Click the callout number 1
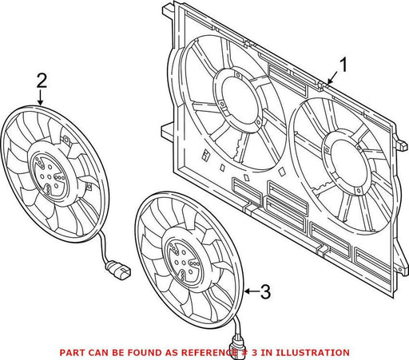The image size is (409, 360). tap(343, 65)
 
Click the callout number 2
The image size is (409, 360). tap(42, 81)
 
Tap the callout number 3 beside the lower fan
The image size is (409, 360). tap(265, 292)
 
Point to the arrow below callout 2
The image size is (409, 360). tap(41, 97)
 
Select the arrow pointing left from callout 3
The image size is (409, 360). tap(252, 291)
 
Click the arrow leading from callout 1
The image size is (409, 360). tap(332, 78)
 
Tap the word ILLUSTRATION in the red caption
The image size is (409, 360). tap(312, 353)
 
